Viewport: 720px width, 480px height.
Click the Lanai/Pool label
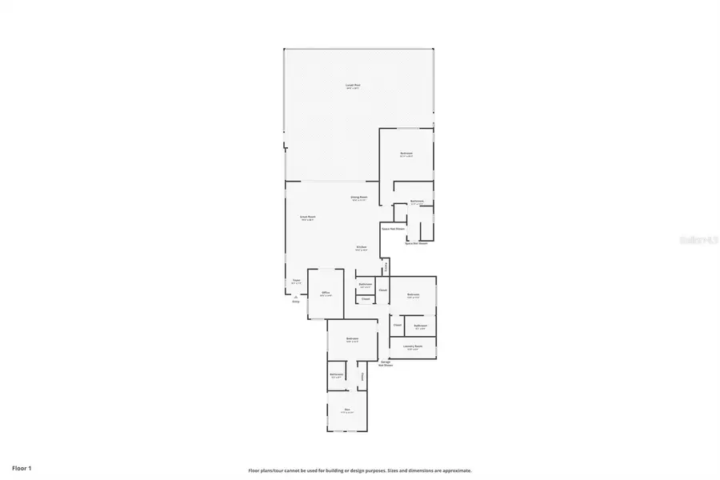pos(352,85)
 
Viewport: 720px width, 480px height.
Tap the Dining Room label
pos(358,198)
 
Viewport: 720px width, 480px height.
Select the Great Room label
pos(307,217)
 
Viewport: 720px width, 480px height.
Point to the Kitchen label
pos(362,248)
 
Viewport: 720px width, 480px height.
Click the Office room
pos(326,294)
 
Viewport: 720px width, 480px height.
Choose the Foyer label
pos(296,281)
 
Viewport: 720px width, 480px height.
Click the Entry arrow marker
pos(295,298)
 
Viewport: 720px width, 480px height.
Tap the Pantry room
pos(387,266)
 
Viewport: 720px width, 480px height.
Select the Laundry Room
pos(414,347)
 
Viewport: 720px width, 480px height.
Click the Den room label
pos(347,410)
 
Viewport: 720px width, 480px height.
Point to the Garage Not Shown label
pos(386,363)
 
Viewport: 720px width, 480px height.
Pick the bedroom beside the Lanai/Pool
pos(406,154)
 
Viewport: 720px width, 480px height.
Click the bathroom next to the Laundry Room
pos(420,326)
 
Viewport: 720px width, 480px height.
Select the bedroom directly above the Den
pos(352,340)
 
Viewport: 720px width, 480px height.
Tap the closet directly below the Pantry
pos(383,290)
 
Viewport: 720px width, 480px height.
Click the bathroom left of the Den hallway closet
pos(337,375)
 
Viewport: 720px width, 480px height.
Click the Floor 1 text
pos(22,467)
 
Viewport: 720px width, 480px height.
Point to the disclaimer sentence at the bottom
pos(359,470)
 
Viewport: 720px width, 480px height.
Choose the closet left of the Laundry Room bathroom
pos(397,326)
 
